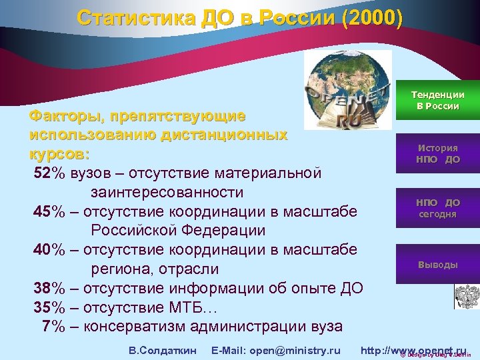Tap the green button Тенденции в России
(438, 101)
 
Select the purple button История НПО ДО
(438, 154)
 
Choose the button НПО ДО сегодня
(438, 208)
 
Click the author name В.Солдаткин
(162, 350)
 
